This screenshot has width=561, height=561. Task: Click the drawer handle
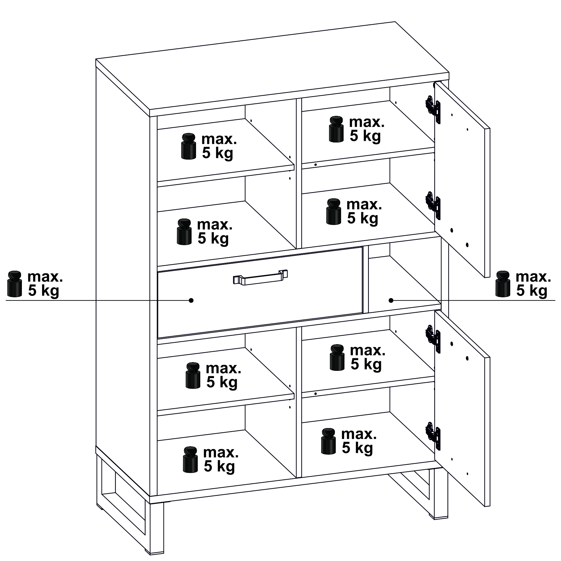(260, 277)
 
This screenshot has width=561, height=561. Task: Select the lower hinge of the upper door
(433, 205)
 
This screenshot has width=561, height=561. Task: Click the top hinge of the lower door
(433, 339)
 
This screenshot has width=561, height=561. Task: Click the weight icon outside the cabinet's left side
(15, 284)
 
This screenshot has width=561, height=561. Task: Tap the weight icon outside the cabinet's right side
(503, 284)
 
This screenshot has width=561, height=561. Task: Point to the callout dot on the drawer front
(191, 300)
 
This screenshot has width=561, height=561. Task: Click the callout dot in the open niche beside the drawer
(391, 300)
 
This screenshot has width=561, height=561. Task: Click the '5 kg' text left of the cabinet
(43, 291)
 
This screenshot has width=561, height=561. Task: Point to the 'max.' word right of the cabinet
(533, 277)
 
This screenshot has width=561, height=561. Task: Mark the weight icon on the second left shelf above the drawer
(184, 232)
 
